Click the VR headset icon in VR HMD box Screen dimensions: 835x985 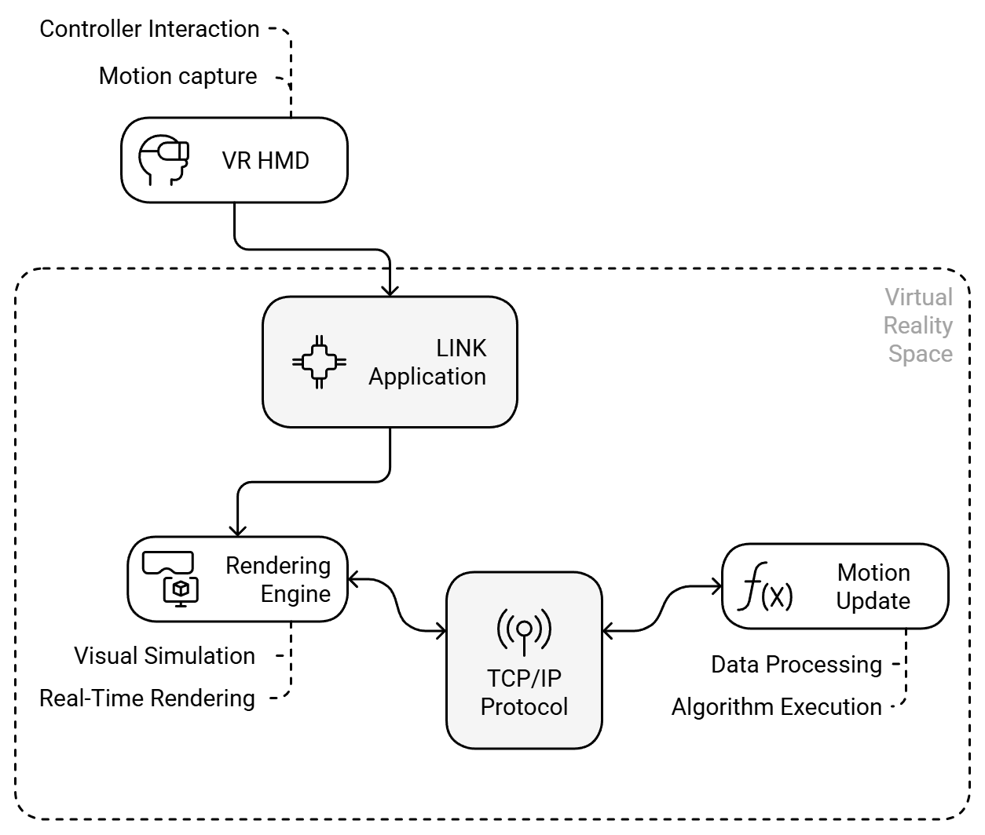pyautogui.click(x=163, y=160)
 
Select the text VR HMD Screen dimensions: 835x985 pyautogui.click(x=265, y=161)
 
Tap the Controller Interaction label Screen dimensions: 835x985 pyautogui.click(x=149, y=29)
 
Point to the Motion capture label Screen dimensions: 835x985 pyautogui.click(x=178, y=76)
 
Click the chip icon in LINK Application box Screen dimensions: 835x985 pyautogui.click(x=319, y=362)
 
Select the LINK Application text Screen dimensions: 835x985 pyautogui.click(x=427, y=363)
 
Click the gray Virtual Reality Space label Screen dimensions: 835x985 pyautogui.click(x=917, y=325)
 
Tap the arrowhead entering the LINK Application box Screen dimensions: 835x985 pyautogui.click(x=390, y=289)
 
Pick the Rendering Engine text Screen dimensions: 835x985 pyautogui.click(x=278, y=580)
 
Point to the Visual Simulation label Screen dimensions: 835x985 pyautogui.click(x=164, y=656)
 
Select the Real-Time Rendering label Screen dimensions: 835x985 pyautogui.click(x=147, y=698)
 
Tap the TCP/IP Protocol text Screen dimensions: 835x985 pyautogui.click(x=524, y=692)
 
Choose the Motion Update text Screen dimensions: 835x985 pyautogui.click(x=873, y=587)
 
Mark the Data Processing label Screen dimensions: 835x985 pyautogui.click(x=796, y=665)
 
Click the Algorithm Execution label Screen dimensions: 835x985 pyautogui.click(x=776, y=707)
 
